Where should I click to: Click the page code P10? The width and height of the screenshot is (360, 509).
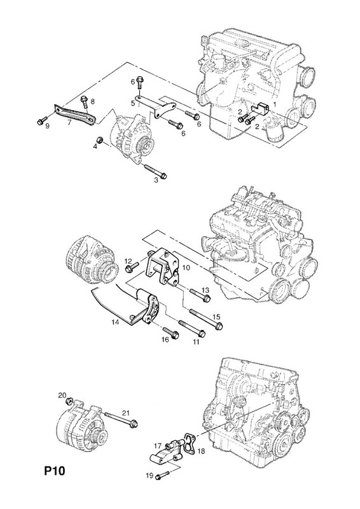click(x=55, y=471)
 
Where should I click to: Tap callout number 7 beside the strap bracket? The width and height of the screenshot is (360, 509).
click(x=69, y=123)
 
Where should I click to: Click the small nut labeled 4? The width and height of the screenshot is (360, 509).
click(x=100, y=140)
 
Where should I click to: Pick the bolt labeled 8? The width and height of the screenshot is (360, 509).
click(x=85, y=101)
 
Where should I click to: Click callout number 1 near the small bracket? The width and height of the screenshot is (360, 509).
click(x=274, y=104)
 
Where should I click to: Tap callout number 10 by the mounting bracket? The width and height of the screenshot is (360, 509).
click(x=186, y=268)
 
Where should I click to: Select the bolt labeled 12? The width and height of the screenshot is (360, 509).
click(x=132, y=268)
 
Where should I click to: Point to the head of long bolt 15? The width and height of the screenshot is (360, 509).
click(x=218, y=326)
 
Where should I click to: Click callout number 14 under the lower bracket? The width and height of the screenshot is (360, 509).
click(x=115, y=323)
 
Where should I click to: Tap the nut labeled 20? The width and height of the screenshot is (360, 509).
click(x=69, y=402)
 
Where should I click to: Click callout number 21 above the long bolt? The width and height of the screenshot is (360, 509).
click(x=126, y=413)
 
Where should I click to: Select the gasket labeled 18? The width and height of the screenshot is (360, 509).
click(x=190, y=443)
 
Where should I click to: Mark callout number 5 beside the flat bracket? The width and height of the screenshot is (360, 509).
click(x=133, y=103)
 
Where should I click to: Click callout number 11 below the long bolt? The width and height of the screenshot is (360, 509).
click(x=196, y=342)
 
